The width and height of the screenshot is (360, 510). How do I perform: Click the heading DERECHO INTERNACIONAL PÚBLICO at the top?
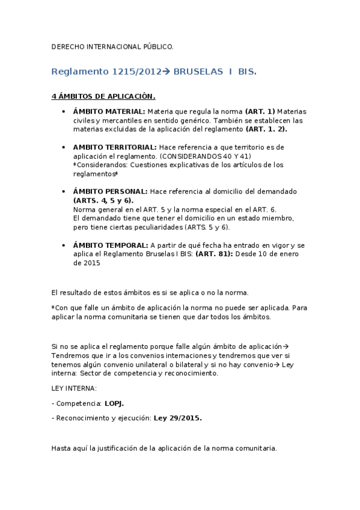[112, 46]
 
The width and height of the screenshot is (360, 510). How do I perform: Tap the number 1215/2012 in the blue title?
[136, 72]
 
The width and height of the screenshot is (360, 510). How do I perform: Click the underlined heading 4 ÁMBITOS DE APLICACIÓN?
[103, 96]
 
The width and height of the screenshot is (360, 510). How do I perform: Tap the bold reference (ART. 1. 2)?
[266, 129]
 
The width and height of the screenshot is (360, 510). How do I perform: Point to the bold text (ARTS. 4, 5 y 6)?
[103, 200]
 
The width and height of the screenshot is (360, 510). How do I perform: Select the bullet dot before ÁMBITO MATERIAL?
[64, 112]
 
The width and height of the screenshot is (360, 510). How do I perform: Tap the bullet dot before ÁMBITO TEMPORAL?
[64, 246]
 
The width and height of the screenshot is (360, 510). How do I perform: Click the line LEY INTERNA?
[74, 389]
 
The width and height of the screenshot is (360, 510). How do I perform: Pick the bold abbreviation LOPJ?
[115, 404]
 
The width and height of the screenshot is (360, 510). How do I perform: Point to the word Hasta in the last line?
[61, 448]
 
